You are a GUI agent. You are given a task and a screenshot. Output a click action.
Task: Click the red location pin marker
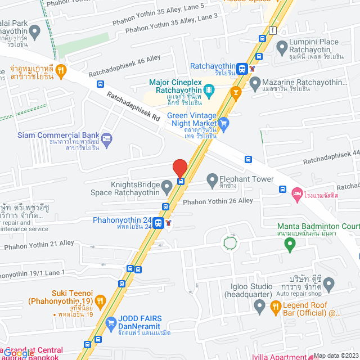pyautogui.click(x=179, y=168)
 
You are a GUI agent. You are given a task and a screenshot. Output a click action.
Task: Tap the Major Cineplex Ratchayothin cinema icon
pyautogui.click(x=209, y=89)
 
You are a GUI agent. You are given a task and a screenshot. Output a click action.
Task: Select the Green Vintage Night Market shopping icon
pyautogui.click(x=223, y=123)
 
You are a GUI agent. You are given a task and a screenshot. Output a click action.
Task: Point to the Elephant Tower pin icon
pyautogui.click(x=212, y=181)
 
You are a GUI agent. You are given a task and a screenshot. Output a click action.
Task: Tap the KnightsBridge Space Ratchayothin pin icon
pyautogui.click(x=166, y=185)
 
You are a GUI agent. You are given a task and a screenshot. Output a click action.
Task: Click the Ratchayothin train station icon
pyautogui.click(x=242, y=69)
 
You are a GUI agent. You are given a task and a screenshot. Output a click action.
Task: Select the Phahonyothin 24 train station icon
pyautogui.click(x=159, y=223)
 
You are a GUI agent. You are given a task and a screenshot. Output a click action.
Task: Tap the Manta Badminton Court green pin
pyautogui.click(x=290, y=244)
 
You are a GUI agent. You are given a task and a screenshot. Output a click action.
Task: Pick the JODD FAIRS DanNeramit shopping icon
pyautogui.click(x=110, y=323)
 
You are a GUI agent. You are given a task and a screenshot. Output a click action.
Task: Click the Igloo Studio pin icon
pyautogui.click(x=259, y=307)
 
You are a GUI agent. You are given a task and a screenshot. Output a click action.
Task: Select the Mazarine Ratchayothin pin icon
pyautogui.click(x=255, y=84)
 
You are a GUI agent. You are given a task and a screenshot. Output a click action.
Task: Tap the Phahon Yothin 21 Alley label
pyautogui.click(x=39, y=244)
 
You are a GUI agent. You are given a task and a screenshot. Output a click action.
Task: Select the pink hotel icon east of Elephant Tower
pyautogui.click(x=297, y=194)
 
